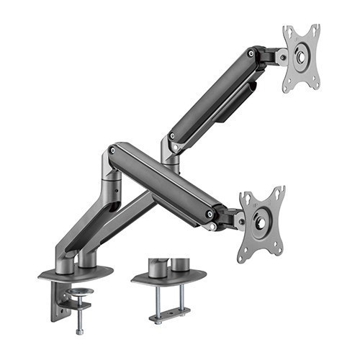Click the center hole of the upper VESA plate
point(301,56)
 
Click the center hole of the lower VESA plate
point(262,218)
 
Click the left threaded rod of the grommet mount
point(159,297)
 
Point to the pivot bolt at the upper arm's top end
point(251,53)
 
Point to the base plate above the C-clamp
point(75,273)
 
